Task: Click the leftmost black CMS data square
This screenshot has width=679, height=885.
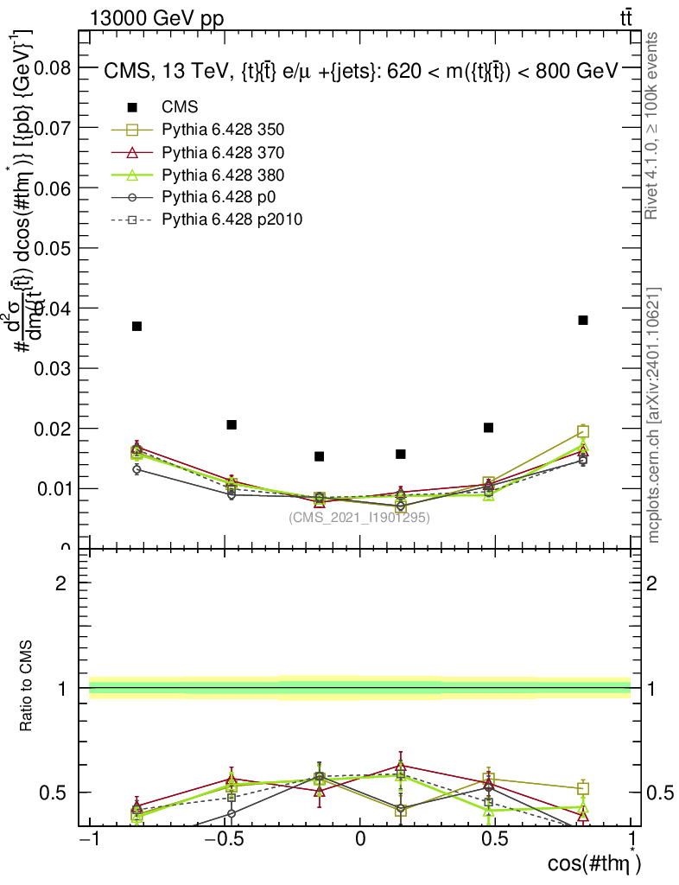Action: (x=136, y=326)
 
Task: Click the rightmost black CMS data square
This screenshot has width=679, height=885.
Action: (x=583, y=320)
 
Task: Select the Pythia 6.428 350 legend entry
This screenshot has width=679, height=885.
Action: (x=223, y=130)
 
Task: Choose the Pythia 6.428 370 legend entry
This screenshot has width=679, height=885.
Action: (x=223, y=152)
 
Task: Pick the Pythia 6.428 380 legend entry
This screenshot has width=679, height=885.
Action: (x=223, y=175)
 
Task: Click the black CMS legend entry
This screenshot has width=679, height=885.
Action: (x=180, y=107)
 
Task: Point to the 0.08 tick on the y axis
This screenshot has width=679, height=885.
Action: (x=53, y=67)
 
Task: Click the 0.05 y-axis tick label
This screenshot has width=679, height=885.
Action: (x=53, y=248)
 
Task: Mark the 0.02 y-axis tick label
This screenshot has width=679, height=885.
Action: (x=53, y=429)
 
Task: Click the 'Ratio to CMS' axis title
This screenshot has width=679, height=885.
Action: (x=28, y=687)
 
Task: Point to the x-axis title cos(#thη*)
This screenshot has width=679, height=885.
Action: (x=594, y=863)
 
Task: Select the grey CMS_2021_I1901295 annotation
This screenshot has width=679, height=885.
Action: (x=359, y=518)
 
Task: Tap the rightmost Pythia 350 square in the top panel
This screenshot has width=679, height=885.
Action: (x=583, y=431)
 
